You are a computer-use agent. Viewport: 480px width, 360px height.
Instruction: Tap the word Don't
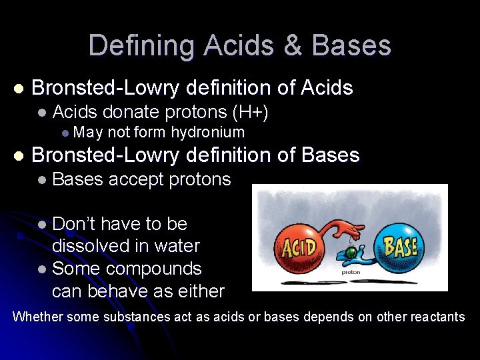click(73, 223)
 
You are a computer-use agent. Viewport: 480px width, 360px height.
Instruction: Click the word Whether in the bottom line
click(37, 317)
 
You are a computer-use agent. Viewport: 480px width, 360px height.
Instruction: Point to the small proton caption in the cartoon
click(351, 272)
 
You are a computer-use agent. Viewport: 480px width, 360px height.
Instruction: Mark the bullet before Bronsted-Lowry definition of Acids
click(18, 88)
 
